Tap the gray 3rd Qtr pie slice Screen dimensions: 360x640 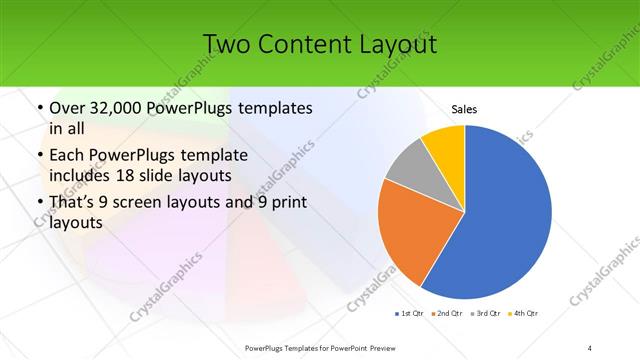point(410,168)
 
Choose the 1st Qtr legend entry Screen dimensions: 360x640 point(413,313)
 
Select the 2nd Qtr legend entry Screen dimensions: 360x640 point(446,313)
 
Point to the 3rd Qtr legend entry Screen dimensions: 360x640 point(487,313)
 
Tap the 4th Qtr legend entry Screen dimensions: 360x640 point(526,313)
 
